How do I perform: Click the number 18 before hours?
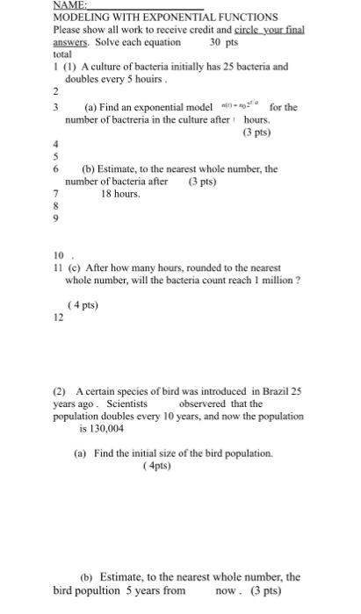pos(107,193)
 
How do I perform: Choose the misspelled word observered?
pos(207,403)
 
